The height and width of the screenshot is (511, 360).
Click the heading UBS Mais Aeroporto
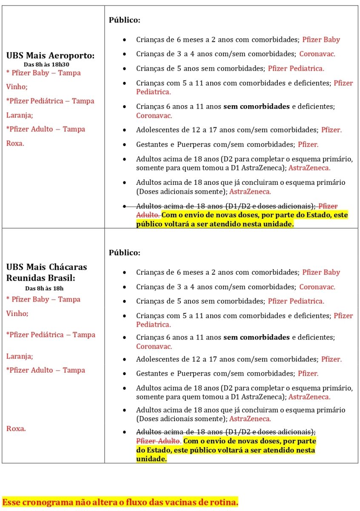(x=50, y=56)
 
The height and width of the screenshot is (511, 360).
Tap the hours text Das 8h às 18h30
(x=46, y=64)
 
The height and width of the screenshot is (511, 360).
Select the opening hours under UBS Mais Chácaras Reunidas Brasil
(x=44, y=288)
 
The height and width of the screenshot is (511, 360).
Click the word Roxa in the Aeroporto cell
(x=15, y=144)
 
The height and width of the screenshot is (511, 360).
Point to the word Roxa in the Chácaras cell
(x=16, y=428)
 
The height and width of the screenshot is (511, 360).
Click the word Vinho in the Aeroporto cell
(x=17, y=87)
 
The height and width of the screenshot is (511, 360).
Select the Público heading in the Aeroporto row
(x=124, y=20)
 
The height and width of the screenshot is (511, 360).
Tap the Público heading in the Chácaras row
(x=124, y=253)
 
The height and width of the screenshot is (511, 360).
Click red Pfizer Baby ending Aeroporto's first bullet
(x=321, y=40)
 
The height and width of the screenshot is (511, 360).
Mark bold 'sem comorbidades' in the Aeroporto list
(x=257, y=106)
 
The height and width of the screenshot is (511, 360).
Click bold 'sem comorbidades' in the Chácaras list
(x=257, y=337)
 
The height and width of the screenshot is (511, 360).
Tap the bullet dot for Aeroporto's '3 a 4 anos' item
(x=124, y=54)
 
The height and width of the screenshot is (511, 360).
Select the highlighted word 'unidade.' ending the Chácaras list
(x=151, y=459)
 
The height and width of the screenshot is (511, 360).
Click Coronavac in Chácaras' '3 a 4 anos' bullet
(x=317, y=287)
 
